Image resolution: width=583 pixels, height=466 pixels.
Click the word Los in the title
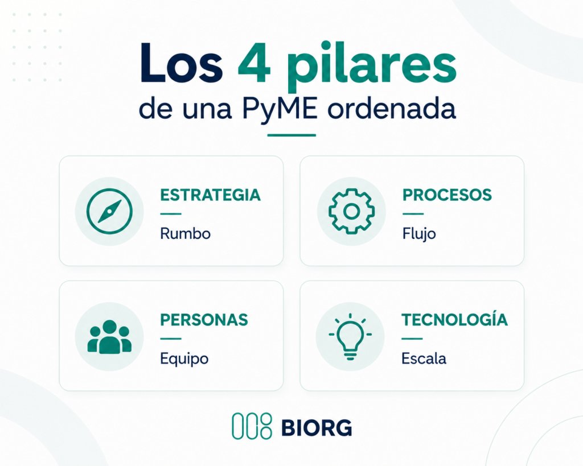coord(181,63)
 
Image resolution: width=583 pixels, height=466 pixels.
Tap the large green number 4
coord(254,64)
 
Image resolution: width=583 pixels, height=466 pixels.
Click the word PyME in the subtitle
coord(280,108)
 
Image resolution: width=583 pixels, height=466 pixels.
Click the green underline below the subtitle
coord(291,135)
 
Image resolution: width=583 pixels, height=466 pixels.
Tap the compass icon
coord(109,211)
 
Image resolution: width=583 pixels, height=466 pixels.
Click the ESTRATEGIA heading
coord(211,195)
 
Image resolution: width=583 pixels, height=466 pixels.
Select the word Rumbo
coord(185,234)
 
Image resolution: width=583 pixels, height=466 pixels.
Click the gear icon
coord(351,211)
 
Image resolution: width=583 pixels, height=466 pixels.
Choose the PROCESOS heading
coord(447,195)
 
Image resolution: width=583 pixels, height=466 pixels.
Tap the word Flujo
coord(419,234)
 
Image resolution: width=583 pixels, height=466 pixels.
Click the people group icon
coord(109,337)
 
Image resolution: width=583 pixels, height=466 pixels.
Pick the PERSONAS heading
coord(204,320)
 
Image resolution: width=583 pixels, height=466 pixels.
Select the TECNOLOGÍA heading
coord(454,319)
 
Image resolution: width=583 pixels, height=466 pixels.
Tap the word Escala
coord(424,358)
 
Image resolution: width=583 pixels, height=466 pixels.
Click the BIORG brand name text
coord(317,428)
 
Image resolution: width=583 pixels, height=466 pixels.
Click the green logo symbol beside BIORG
coord(252,426)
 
